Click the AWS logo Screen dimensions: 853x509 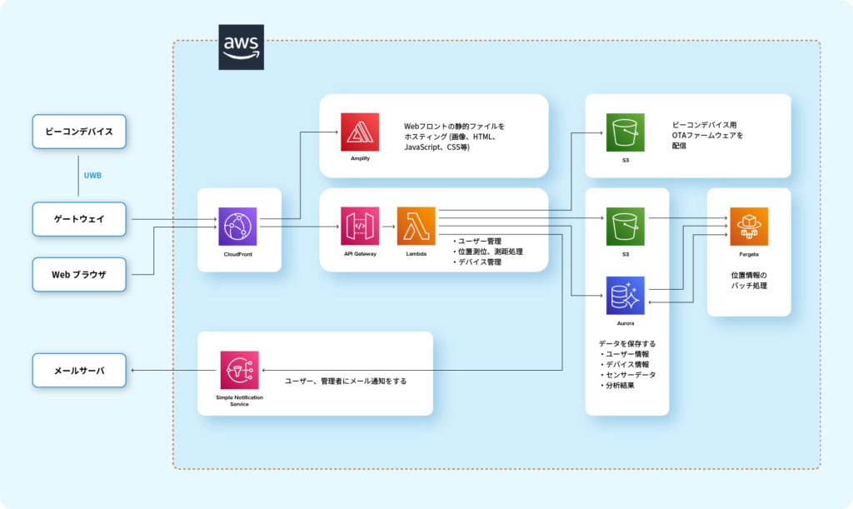[x=241, y=47]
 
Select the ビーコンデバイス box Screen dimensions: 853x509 [x=79, y=132]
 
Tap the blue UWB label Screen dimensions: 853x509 [x=92, y=175]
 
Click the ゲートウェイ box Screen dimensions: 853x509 [x=79, y=219]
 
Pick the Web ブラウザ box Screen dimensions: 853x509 [x=79, y=275]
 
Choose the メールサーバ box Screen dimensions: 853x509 [x=79, y=371]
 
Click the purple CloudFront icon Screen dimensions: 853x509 [x=237, y=227]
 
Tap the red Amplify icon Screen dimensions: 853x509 [x=360, y=132]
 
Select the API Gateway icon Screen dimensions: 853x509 [x=360, y=227]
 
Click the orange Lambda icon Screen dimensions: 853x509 [x=417, y=227]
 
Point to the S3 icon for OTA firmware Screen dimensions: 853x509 [x=626, y=132]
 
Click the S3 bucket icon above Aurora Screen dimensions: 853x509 [x=626, y=227]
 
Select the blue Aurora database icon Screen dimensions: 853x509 [x=626, y=296]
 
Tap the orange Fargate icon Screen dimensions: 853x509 [x=749, y=227]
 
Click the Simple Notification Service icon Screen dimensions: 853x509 [x=239, y=371]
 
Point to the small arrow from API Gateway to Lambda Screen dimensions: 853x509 [x=388, y=227]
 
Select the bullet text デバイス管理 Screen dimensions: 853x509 [x=477, y=262]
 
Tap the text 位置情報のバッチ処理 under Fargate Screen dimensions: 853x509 [x=749, y=281]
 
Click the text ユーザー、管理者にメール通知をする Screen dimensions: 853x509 [x=346, y=381]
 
